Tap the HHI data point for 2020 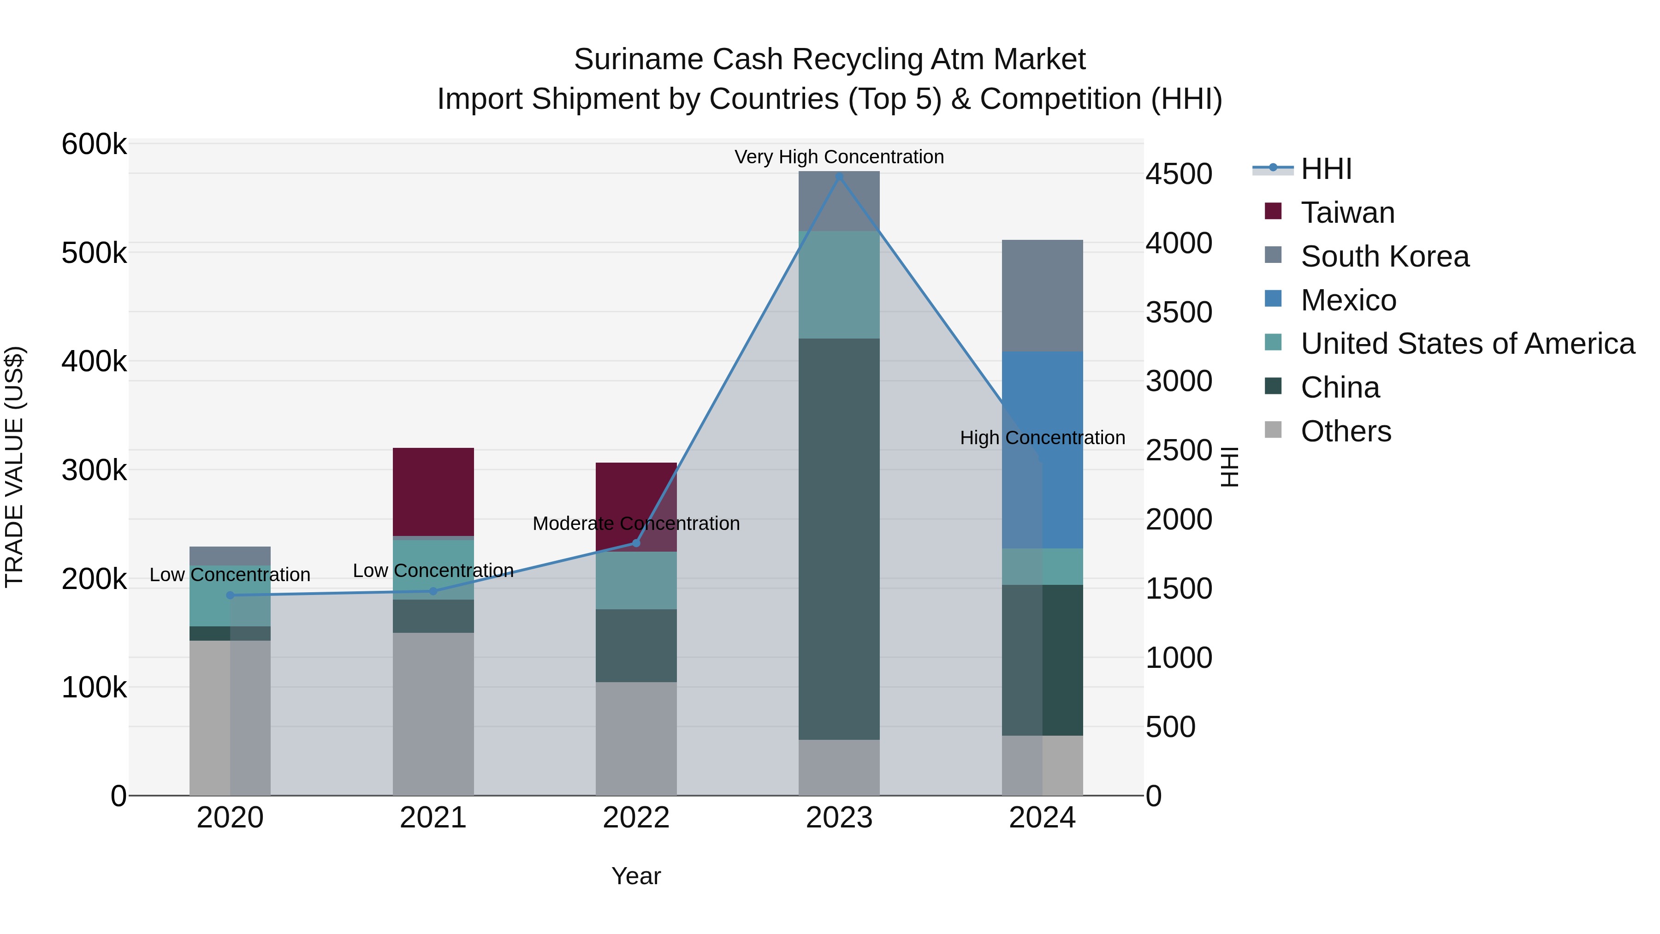230,595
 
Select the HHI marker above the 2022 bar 636,543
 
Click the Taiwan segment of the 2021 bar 433,491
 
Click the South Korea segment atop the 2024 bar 1042,295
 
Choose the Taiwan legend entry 1347,213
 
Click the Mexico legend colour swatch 1273,299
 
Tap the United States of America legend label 1467,344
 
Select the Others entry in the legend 1346,431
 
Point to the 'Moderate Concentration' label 636,524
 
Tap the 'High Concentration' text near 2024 1042,438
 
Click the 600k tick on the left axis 94,144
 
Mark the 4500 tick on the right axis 1179,174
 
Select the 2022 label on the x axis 636,818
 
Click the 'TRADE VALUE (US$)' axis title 14,467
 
